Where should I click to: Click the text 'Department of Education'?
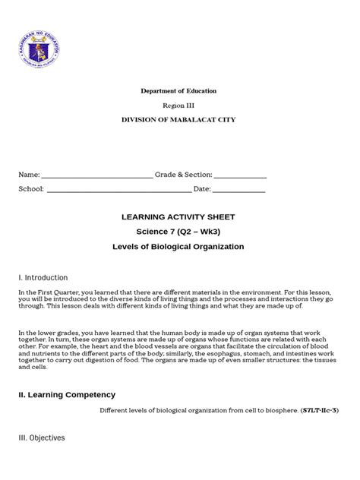[179, 91]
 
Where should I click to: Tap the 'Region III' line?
[179, 106]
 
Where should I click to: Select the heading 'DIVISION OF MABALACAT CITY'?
[179, 122]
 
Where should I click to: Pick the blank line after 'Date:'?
[239, 190]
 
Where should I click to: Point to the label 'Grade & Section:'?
[185, 175]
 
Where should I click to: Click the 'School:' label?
[31, 189]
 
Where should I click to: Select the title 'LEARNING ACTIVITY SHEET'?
[179, 217]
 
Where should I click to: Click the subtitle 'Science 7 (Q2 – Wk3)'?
[179, 232]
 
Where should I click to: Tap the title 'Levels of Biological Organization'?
[179, 247]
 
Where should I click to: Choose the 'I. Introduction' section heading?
[43, 278]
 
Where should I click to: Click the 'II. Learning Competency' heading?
[67, 395]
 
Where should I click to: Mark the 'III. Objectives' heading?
[42, 438]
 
